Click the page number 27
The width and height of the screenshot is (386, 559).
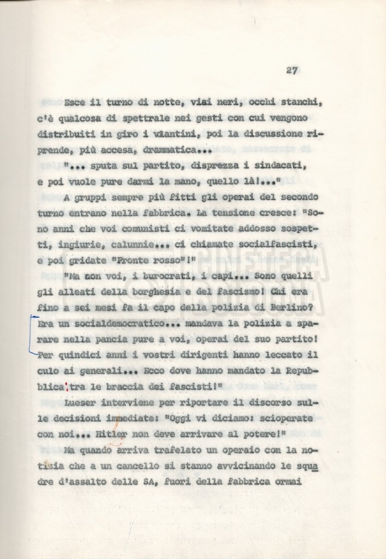pyautogui.click(x=292, y=70)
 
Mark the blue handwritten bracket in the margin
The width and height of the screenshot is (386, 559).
pyautogui.click(x=31, y=335)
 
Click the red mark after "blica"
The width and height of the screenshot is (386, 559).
pyautogui.click(x=67, y=388)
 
